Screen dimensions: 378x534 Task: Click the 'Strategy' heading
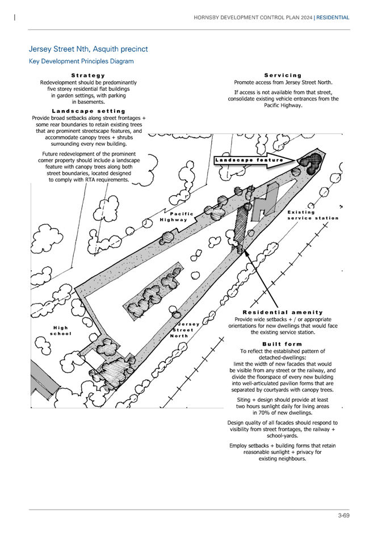88,75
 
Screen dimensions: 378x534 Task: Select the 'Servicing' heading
283,75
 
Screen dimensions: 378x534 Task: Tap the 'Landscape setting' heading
89,111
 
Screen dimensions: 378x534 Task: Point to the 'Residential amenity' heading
283,312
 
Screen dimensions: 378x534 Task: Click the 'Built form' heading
282,344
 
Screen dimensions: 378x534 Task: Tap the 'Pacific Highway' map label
177,217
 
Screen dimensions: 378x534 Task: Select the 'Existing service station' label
313,215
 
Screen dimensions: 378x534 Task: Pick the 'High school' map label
61,331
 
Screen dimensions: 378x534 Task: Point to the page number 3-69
344,515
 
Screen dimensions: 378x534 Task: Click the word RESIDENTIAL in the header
333,18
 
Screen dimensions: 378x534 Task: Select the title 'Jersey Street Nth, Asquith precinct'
89,49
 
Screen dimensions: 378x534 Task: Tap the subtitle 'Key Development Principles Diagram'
81,61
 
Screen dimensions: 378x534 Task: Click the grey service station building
264,203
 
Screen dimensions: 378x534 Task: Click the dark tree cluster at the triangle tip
310,163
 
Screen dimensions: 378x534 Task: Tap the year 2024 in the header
306,18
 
